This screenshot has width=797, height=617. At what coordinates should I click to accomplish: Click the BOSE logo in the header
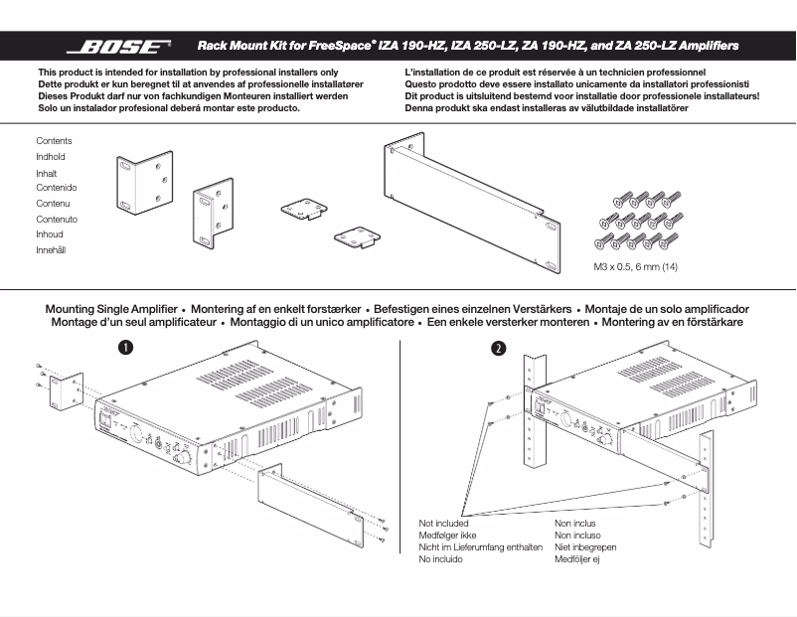[118, 46]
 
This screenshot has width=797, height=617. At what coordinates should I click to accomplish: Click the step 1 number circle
[126, 347]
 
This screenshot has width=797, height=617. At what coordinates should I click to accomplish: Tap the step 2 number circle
[498, 348]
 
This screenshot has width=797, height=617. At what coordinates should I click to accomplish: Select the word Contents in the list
[54, 141]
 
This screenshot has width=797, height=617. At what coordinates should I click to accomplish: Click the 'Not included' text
[443, 523]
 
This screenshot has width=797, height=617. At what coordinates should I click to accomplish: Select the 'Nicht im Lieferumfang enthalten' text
[480, 547]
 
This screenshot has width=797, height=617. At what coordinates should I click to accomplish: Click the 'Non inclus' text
[577, 523]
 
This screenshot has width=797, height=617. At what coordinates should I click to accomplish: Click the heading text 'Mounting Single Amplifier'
[111, 309]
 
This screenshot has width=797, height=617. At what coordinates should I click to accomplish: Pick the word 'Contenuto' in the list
[57, 219]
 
